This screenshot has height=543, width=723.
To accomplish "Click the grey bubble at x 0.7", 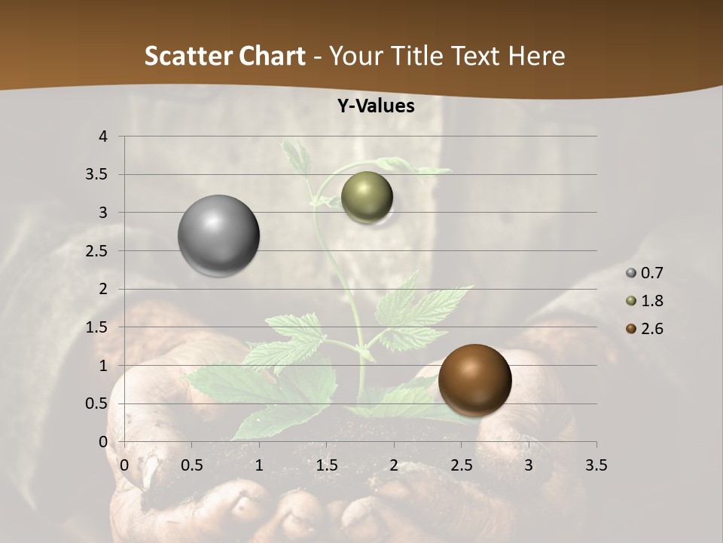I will tap(218, 235).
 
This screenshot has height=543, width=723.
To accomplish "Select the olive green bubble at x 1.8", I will tap(367, 198).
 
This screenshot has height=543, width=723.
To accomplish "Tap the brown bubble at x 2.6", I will tap(474, 380).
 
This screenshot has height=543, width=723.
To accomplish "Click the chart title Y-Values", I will tap(375, 106).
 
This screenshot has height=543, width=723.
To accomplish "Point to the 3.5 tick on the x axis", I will tap(596, 465).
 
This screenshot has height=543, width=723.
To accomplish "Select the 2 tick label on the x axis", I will tap(394, 465).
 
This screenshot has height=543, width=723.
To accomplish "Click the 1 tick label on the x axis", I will tap(259, 465).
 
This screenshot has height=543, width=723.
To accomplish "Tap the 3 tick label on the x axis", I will tap(529, 465).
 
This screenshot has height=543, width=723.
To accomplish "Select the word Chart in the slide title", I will tap(272, 56).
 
